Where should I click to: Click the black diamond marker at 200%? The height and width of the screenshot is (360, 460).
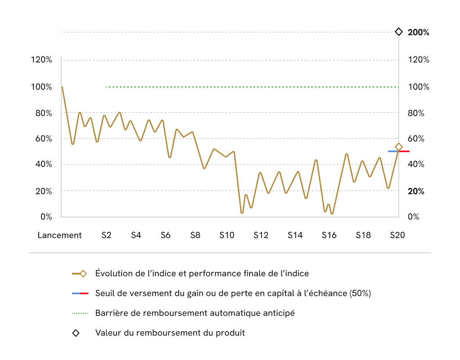click(x=398, y=32)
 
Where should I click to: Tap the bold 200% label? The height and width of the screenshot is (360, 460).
click(x=418, y=32)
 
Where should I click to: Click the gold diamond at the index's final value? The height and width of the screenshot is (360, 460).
click(x=398, y=147)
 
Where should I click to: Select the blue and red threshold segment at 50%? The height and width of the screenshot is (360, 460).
click(x=398, y=151)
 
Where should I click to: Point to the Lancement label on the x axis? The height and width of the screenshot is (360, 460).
click(x=60, y=235)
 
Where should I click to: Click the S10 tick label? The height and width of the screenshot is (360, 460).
click(x=227, y=235)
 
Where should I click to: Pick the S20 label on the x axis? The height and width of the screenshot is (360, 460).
click(x=398, y=235)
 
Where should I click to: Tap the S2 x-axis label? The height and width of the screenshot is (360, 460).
click(x=106, y=235)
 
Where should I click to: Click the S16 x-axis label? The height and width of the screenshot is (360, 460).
click(x=329, y=235)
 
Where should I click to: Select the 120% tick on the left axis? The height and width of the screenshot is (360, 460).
click(x=41, y=60)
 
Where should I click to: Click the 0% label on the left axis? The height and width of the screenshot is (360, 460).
click(x=46, y=217)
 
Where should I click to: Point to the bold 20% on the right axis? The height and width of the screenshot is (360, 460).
click(x=416, y=191)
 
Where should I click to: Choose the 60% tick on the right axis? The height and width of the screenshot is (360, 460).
click(x=416, y=139)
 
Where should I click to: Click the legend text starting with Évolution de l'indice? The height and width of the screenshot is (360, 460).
click(x=202, y=273)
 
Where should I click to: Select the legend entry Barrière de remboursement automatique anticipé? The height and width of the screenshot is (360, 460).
click(x=195, y=313)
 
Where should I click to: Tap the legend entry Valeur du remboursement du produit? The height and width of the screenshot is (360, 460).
click(x=170, y=333)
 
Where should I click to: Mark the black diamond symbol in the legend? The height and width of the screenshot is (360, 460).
click(x=76, y=333)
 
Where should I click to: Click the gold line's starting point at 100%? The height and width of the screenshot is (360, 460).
click(x=62, y=87)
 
